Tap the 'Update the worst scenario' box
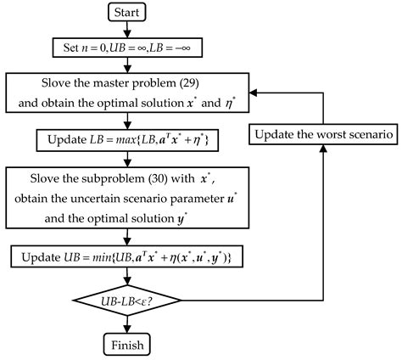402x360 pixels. point(322,133)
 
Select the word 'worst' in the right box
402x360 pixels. point(326,133)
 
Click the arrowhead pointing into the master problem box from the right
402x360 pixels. point(255,94)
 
